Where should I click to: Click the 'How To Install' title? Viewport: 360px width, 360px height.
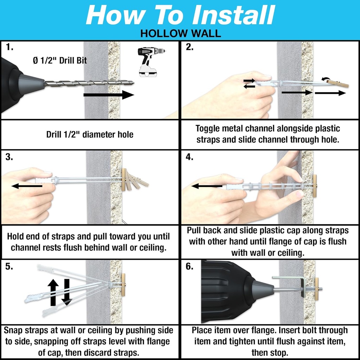coord(180,15)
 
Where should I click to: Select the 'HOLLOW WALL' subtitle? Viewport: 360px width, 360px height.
coord(180,33)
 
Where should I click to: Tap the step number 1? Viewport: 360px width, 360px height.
coord(9,47)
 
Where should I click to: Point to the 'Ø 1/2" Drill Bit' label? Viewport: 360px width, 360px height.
coord(60,60)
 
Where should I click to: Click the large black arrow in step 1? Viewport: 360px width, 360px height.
coord(109,95)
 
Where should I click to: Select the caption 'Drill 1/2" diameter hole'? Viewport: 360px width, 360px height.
coord(90,134)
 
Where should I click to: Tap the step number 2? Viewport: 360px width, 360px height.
coord(189,47)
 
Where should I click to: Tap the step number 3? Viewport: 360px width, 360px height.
coord(9,157)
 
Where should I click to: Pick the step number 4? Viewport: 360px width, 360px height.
coord(189,157)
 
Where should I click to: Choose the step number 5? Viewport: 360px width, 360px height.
coord(9,266)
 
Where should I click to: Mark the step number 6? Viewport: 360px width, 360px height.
coord(189,266)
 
